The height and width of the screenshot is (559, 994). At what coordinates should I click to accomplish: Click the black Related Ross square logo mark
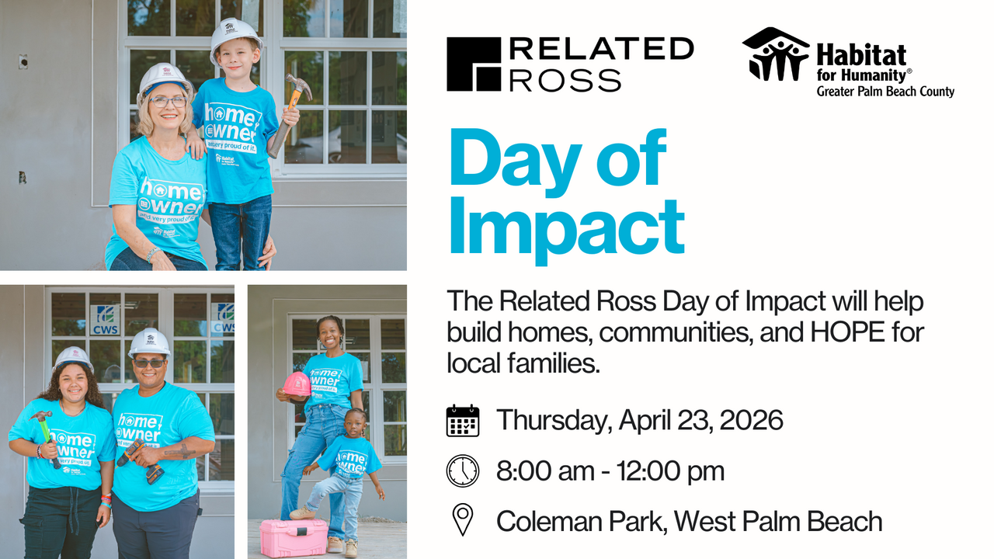point(474,64)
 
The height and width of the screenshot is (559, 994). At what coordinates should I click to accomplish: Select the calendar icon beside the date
point(463,421)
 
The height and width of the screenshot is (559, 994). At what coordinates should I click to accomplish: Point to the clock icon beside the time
point(463,470)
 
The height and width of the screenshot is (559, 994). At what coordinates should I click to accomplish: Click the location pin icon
point(463,520)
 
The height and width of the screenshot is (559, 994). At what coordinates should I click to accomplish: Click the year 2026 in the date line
point(751,421)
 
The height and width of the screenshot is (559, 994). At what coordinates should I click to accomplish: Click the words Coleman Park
point(579,521)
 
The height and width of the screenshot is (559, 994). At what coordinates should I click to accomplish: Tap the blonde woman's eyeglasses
point(167,101)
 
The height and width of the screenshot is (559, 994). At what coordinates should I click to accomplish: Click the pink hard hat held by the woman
point(296,384)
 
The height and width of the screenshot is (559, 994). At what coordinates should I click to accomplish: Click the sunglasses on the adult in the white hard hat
point(149,363)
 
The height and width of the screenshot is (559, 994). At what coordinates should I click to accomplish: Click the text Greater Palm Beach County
point(885,92)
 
